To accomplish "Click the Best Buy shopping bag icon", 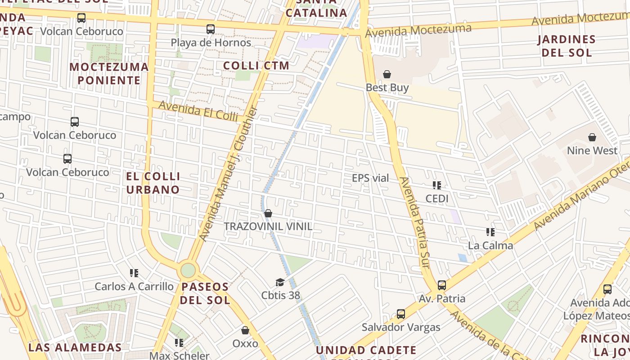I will click(387, 74).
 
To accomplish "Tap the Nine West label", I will click(592, 150).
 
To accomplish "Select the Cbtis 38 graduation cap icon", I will click(280, 283).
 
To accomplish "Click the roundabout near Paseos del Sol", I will click(188, 270).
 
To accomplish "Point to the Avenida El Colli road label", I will click(198, 111).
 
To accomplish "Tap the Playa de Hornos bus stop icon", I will click(210, 29).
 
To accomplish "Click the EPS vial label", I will click(370, 178).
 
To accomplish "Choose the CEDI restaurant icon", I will click(436, 185).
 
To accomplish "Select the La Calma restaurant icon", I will click(490, 232).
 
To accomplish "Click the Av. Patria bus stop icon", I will click(442, 285).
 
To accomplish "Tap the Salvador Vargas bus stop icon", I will click(401, 314).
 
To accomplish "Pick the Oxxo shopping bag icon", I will click(245, 331).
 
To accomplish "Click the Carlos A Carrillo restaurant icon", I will click(134, 273).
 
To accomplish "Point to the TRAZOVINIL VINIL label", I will click(268, 226).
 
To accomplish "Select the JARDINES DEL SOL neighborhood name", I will click(567, 46).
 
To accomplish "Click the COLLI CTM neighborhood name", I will click(256, 66).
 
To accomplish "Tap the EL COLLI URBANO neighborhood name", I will click(153, 183).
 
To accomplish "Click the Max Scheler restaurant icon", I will click(179, 343).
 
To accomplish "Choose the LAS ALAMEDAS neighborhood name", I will click(75, 347).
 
